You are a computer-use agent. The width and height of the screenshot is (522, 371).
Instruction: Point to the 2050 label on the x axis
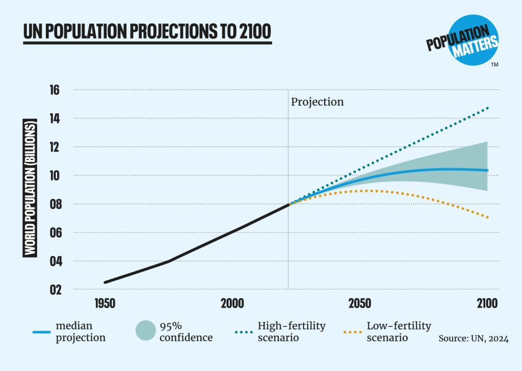pyautogui.click(x=359, y=304)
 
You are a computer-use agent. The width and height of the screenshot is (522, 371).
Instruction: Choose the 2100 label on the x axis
pyautogui.click(x=487, y=304)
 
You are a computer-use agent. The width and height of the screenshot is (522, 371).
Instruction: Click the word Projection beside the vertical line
pyautogui.click(x=317, y=102)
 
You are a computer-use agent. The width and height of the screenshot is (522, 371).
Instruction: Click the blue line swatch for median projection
pyautogui.click(x=41, y=332)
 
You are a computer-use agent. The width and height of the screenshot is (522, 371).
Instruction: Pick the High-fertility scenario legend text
pyautogui.click(x=292, y=331)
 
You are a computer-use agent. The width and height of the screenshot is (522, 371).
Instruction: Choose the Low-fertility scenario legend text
pyautogui.click(x=399, y=331)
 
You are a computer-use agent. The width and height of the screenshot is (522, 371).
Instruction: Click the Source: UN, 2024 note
pyautogui.click(x=473, y=338)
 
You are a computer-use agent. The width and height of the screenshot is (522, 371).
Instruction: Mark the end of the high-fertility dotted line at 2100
pyautogui.click(x=487, y=108)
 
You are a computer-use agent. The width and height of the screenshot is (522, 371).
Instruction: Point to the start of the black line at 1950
pyautogui.click(x=105, y=282)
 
